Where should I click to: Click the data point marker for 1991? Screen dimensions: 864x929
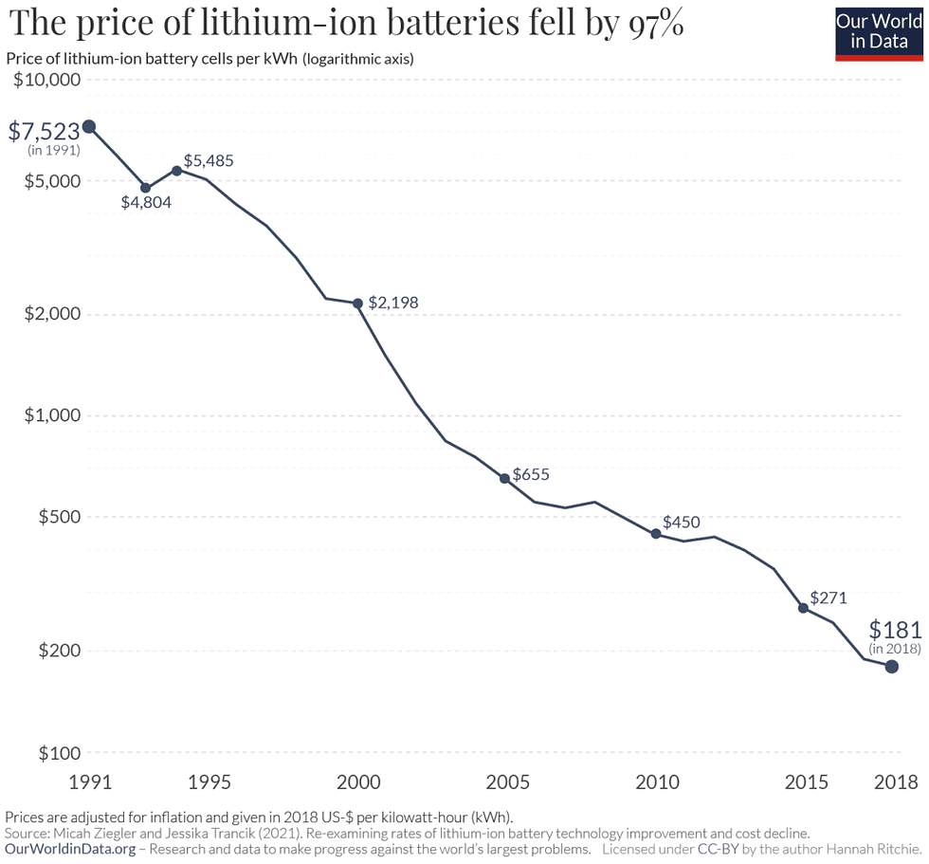[88, 126]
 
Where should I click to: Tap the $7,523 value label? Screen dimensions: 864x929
[44, 131]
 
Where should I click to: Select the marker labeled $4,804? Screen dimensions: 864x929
[145, 188]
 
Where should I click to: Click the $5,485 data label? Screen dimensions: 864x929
[208, 160]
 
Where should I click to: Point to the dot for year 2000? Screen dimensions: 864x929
[357, 303]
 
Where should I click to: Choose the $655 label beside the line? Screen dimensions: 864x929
[530, 474]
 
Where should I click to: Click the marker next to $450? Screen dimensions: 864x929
[655, 534]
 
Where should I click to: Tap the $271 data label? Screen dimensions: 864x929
[828, 597]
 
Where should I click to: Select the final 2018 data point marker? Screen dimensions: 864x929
[891, 667]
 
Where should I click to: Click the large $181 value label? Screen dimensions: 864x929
[894, 630]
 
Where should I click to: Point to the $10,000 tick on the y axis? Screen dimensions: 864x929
[46, 80]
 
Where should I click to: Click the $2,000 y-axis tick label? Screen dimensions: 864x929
[51, 314]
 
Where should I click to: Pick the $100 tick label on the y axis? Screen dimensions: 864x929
[59, 752]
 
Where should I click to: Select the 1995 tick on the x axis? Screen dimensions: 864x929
[209, 781]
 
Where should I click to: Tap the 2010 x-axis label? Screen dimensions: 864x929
[657, 781]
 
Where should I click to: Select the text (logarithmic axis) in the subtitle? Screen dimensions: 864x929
[357, 59]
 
